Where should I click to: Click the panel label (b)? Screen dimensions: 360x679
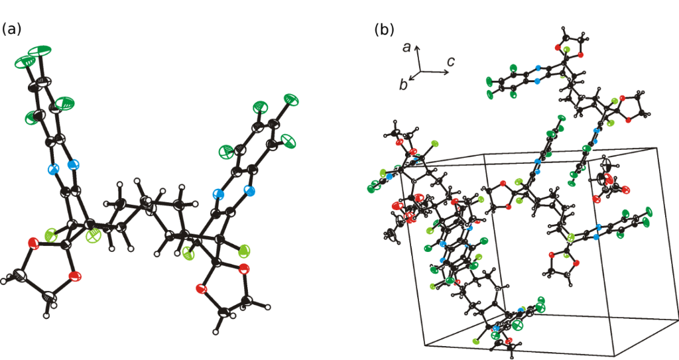pos(385,29)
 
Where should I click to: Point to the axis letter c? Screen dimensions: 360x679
pos(450,62)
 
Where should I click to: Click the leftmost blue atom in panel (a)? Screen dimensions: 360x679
pos(54,169)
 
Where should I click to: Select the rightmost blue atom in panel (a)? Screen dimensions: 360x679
pos(249,191)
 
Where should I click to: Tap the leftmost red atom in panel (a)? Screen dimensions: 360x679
pos(31,243)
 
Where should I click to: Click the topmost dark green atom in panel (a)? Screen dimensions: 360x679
pos(42,50)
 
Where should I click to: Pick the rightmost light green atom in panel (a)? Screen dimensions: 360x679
pos(244,251)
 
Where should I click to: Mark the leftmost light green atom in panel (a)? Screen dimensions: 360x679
pos(51,233)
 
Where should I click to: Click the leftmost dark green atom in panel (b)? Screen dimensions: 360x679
pos(371,189)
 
